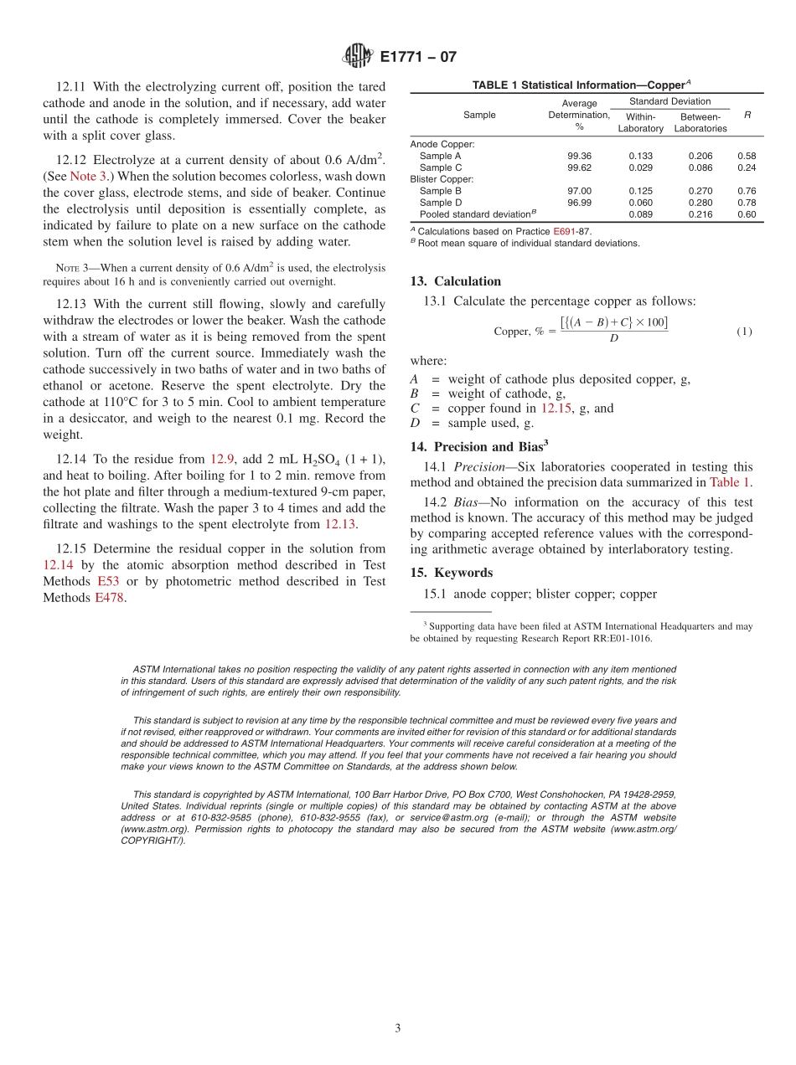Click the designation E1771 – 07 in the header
(418, 57)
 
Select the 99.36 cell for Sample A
(579, 156)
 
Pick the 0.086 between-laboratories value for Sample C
(700, 167)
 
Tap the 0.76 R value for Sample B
(747, 191)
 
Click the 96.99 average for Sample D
(579, 203)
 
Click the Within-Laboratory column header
(640, 122)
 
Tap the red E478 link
(110, 598)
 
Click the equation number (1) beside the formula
(744, 332)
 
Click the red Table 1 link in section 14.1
(730, 482)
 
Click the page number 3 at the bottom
(398, 1028)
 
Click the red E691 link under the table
(563, 231)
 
